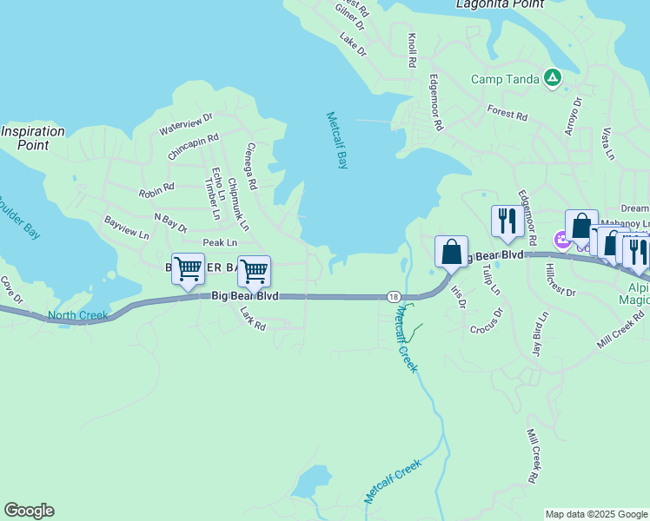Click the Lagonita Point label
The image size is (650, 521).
coord(500,4)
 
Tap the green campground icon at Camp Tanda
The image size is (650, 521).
coord(552,78)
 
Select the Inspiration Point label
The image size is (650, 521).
coord(33,138)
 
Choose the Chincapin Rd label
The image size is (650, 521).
coord(193,146)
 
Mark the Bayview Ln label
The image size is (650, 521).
coord(127,228)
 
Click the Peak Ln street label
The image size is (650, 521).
coord(220,243)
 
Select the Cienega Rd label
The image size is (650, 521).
coord(251,167)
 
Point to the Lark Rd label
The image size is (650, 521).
coord(253,315)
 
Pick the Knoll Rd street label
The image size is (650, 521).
coord(412,51)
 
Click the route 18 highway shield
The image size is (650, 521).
coord(395,296)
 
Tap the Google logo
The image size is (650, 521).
coord(29,511)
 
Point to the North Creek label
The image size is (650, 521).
coord(78,315)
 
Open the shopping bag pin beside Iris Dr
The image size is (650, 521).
coord(451,253)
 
